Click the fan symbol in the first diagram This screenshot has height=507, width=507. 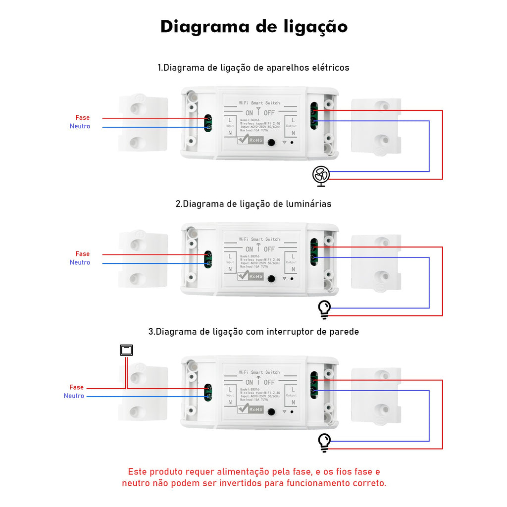click(x=321, y=175)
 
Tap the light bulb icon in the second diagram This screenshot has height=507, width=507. click(x=324, y=309)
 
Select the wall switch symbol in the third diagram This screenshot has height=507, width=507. click(x=127, y=351)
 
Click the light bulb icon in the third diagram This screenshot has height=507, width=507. click(x=324, y=442)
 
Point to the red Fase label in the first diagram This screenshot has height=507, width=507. click(x=83, y=117)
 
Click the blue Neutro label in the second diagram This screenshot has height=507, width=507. click(x=80, y=262)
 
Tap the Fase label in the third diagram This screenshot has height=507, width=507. click(x=77, y=387)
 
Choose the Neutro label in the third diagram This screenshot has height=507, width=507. click(x=74, y=396)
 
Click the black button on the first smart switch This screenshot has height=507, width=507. click(x=271, y=143)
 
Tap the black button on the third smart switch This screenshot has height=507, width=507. click(x=271, y=412)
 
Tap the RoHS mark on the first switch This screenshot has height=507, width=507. click(x=251, y=140)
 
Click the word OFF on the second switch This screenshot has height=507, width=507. click(x=269, y=249)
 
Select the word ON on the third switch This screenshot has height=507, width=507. click(x=249, y=382)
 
